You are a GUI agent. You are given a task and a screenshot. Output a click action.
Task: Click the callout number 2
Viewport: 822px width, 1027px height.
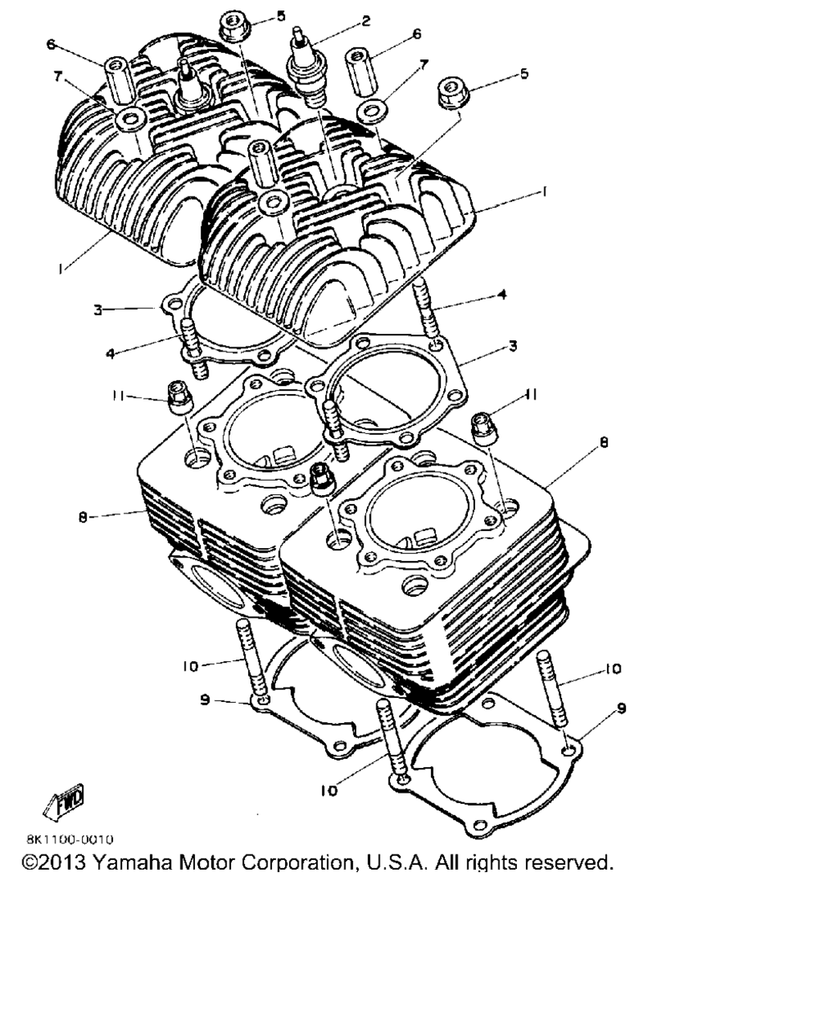[x=365, y=21]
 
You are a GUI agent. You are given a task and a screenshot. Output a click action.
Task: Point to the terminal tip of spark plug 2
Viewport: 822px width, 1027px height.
[x=299, y=31]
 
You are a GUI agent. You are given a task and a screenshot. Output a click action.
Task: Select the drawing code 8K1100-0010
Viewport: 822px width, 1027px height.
[x=70, y=839]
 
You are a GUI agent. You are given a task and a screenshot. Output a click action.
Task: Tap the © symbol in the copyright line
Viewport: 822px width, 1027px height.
[x=31, y=863]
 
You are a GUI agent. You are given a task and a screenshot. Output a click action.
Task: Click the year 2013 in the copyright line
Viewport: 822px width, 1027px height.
[x=63, y=863]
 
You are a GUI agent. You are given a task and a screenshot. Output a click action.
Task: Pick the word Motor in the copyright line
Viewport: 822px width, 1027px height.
[x=206, y=863]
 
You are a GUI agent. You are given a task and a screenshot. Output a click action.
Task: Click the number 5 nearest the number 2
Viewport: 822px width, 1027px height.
[x=281, y=16]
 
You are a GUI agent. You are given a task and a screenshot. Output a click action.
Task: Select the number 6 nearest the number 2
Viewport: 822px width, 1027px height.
[x=417, y=34]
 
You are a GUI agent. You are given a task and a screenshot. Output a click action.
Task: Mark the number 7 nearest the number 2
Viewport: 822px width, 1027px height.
[x=424, y=64]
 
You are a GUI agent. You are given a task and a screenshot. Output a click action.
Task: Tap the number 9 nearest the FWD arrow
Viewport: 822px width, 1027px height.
[x=205, y=700]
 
